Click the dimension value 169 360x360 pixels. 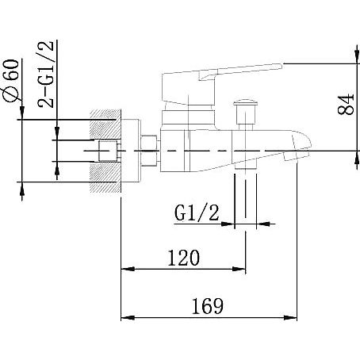(x=208, y=306)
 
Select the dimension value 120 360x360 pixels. (x=184, y=258)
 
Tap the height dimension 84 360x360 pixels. (x=346, y=104)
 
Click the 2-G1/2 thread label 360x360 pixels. (x=46, y=75)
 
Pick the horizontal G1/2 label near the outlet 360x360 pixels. (x=197, y=213)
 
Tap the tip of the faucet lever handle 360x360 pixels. (x=281, y=66)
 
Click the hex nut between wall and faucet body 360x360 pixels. (x=149, y=151)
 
